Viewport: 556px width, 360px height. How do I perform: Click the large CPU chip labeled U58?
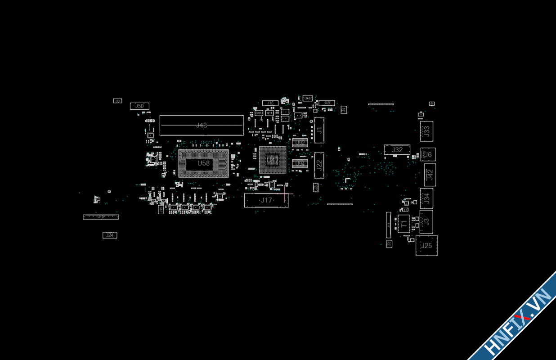[x=203, y=163]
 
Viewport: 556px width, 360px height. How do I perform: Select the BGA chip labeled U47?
[x=273, y=160]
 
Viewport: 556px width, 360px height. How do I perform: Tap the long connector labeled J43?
[x=202, y=125]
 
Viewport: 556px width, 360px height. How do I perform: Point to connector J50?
[x=139, y=106]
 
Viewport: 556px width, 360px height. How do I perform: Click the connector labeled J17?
[x=266, y=200]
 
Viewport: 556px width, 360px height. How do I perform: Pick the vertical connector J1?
[x=319, y=130]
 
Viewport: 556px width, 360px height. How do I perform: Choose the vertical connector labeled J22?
[x=319, y=165]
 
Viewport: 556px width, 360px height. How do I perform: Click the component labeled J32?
[x=397, y=149]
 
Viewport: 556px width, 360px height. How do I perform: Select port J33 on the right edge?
[x=426, y=131]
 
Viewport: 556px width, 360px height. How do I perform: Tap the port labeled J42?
[x=430, y=174]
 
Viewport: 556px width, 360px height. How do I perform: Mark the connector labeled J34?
[x=426, y=198]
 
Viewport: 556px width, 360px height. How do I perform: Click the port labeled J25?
[x=426, y=246]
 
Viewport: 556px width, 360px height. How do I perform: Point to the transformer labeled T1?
[x=404, y=224]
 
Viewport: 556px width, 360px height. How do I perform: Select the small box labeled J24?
[x=110, y=235]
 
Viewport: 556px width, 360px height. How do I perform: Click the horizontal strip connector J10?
[x=101, y=217]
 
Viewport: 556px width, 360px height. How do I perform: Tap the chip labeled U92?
[x=300, y=143]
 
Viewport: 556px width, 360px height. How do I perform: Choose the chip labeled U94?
[x=300, y=163]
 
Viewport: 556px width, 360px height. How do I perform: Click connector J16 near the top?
[x=270, y=103]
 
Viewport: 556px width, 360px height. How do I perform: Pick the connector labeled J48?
[x=327, y=103]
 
